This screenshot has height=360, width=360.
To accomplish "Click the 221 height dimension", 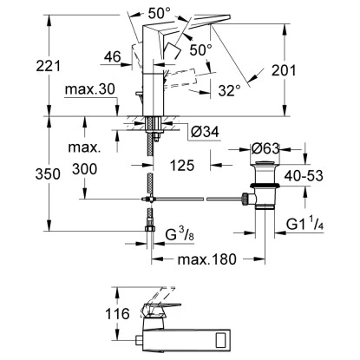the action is coord(49,66).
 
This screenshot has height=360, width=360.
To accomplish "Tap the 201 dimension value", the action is coord(284,70).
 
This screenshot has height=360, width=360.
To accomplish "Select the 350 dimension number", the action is coord(48,174).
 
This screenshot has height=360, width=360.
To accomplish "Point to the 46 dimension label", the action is coord(113,56).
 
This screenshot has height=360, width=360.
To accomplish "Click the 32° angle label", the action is coord(229,90).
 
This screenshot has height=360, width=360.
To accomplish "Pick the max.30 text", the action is coord(90,89).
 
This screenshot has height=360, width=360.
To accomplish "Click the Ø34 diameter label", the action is coord(206,132).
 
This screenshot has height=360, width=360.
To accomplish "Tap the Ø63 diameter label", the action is coord(265,149).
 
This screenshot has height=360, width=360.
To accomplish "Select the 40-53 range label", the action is coord(304,175).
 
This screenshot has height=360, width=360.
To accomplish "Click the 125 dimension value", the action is coord(182,166).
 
